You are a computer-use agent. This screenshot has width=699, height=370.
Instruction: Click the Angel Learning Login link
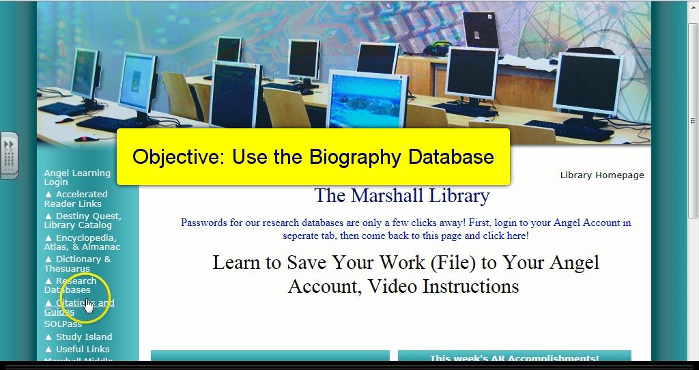(76, 177)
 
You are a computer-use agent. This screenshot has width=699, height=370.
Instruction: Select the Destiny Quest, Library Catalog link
(82, 220)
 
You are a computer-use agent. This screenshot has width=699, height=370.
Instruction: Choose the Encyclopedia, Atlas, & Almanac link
(81, 242)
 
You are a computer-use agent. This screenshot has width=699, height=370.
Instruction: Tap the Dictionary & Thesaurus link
(77, 264)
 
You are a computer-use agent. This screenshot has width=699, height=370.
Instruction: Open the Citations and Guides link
(79, 307)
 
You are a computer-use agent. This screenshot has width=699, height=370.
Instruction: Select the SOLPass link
(63, 324)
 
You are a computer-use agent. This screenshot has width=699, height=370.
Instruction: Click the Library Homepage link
(601, 175)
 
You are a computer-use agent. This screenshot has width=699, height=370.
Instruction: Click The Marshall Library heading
(401, 196)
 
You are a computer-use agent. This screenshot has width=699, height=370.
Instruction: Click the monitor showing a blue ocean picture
(367, 102)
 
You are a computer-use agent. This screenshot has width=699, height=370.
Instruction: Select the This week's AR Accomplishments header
(514, 358)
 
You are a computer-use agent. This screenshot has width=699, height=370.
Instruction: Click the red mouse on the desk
(85, 138)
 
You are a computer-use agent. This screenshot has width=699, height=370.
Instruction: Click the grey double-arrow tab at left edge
(9, 155)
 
